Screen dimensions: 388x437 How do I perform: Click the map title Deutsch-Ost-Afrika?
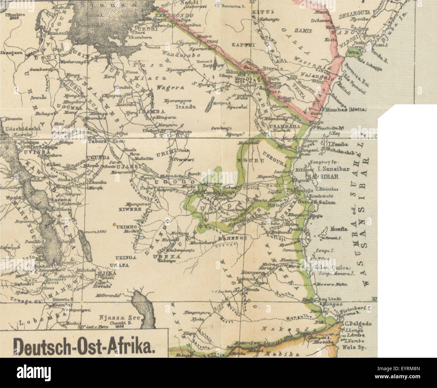[x=84, y=344]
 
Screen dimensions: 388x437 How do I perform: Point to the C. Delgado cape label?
[x=357, y=324]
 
